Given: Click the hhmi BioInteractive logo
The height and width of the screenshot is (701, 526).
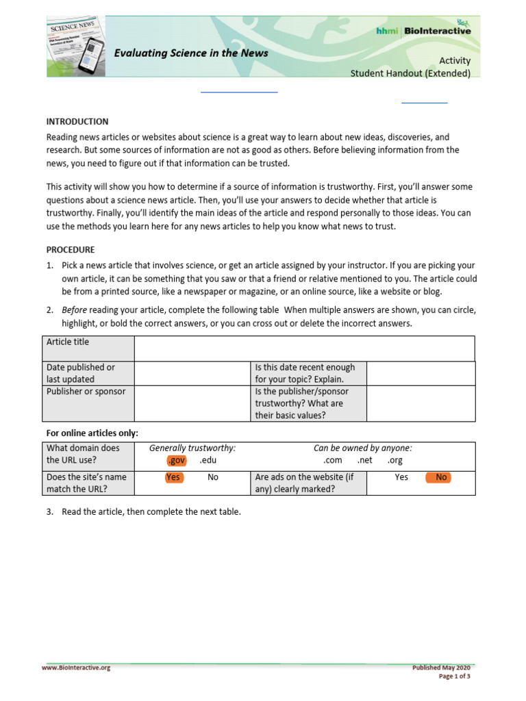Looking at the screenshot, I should [423, 30].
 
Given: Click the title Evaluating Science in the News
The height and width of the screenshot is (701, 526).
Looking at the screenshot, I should [190, 53].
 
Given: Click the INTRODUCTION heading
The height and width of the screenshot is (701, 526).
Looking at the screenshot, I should [77, 121].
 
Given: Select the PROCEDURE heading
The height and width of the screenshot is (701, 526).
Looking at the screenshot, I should [70, 249].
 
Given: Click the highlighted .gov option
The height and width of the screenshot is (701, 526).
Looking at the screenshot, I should [176, 460].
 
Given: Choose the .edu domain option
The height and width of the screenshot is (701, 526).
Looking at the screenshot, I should [208, 460].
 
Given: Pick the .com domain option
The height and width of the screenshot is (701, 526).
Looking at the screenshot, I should [332, 460].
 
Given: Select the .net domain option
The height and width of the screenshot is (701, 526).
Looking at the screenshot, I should [364, 460].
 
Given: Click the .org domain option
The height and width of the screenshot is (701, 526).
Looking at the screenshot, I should [394, 460].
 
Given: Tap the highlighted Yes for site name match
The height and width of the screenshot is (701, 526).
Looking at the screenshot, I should [174, 477].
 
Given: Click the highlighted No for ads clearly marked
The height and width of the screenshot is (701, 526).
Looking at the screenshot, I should [441, 477].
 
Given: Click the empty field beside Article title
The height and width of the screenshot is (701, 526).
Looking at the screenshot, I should [304, 348].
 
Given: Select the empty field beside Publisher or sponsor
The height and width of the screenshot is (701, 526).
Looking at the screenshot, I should [192, 403].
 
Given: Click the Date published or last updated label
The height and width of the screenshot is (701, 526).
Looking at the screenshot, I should [80, 372].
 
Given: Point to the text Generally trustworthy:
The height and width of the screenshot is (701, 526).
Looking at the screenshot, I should [192, 448].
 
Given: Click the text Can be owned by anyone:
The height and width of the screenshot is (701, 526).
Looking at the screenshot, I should [362, 448].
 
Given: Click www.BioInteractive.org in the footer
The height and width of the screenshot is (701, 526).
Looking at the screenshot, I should [75, 668].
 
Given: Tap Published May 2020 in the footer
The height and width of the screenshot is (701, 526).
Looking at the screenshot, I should [441, 667].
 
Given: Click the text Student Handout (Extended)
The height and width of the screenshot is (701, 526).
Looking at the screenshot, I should [410, 73].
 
